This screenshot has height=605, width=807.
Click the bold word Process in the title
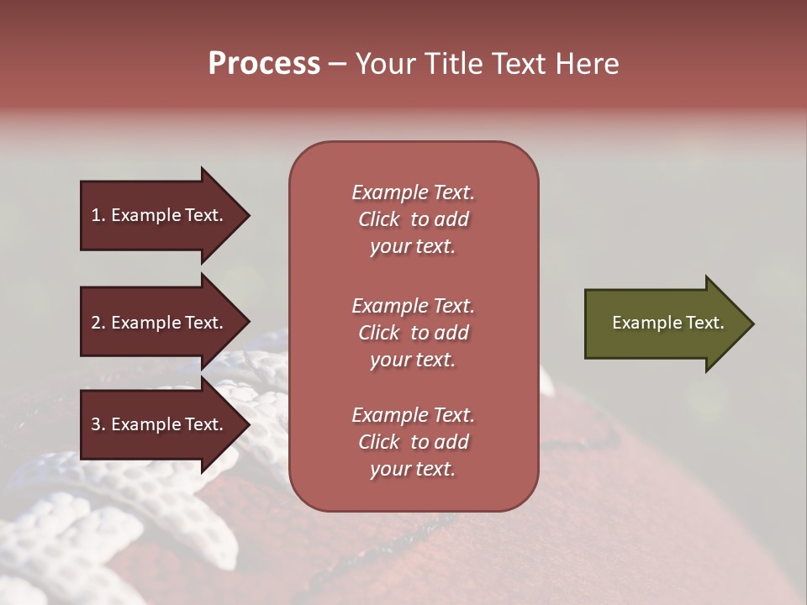coord(264,64)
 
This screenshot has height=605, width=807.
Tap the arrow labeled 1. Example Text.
coord(157,215)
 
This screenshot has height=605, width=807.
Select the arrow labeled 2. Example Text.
coord(157,323)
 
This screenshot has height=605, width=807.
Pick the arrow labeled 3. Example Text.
coord(157,424)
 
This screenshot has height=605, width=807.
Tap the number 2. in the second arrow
coord(98,323)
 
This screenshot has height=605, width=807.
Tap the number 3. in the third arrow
coord(98,424)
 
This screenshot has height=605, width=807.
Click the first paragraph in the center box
coord(413,219)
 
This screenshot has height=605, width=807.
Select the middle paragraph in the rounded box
coord(413,333)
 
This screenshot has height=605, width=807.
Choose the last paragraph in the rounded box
coord(413,442)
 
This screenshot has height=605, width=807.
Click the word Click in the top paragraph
coord(379,219)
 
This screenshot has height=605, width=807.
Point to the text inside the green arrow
coord(668,323)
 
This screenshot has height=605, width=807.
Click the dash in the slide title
coord(337,64)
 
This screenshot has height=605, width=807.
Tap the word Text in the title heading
coord(520,64)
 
